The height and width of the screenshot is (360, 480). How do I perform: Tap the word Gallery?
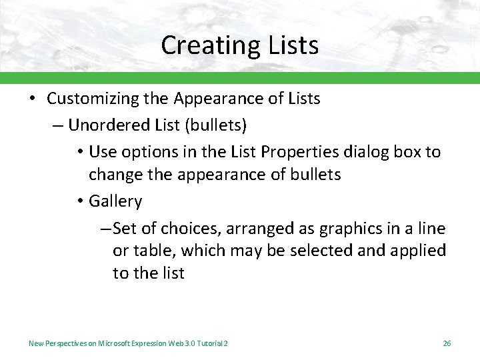click(115, 201)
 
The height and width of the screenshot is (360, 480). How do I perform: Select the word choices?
click(189, 229)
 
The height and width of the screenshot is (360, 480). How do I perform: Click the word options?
click(147, 151)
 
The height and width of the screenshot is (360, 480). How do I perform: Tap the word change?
click(114, 175)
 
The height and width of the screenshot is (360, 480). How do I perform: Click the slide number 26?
click(447, 343)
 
